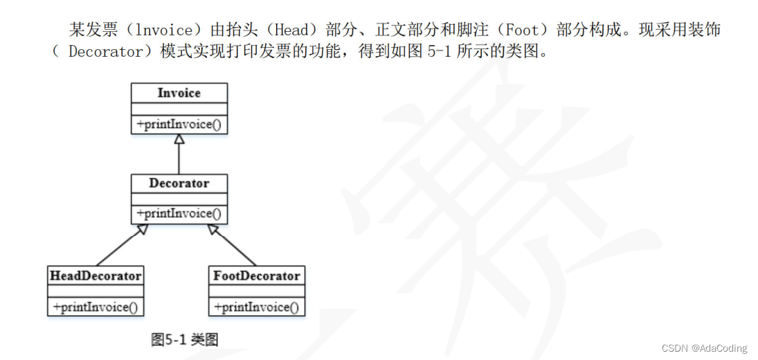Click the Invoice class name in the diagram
pyautogui.click(x=179, y=93)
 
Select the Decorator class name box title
pyautogui.click(x=179, y=183)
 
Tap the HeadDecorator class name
pyautogui.click(x=96, y=276)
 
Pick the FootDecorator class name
pyautogui.click(x=256, y=276)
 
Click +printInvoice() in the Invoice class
pyautogui.click(x=179, y=125)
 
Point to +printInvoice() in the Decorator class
pyautogui.click(x=179, y=214)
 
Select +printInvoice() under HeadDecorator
pyautogui.click(x=96, y=307)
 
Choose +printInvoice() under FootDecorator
pyautogui.click(x=256, y=307)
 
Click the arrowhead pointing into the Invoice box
pyautogui.click(x=179, y=139)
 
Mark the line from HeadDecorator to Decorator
pyautogui.click(x=119, y=246)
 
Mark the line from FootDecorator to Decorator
pyautogui.click(x=233, y=246)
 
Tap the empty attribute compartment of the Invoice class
pyautogui.click(x=179, y=109)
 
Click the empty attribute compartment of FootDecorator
pyautogui.click(x=256, y=291)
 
